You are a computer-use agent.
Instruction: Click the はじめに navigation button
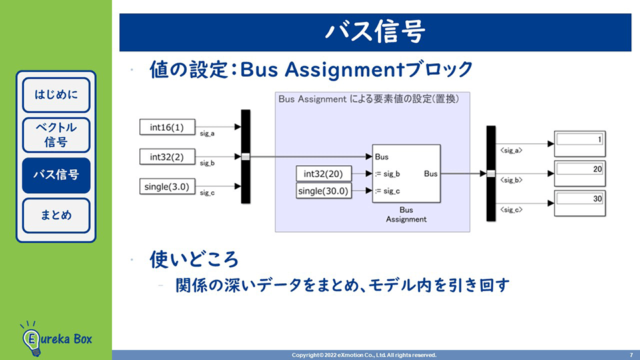(56, 94)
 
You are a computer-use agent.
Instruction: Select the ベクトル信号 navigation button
(56, 135)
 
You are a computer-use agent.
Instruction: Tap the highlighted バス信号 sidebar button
(56, 175)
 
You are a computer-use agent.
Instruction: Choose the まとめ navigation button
(56, 215)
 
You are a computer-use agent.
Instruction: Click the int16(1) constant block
(167, 127)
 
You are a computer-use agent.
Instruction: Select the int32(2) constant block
(167, 157)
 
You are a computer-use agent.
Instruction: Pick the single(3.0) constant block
(167, 187)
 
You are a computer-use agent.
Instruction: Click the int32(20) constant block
(323, 174)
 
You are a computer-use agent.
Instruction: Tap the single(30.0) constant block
(323, 192)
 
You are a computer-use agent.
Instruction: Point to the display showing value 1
(579, 140)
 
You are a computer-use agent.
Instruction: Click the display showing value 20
(579, 170)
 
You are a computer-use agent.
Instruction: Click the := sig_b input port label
(387, 174)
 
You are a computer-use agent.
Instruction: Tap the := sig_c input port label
(387, 192)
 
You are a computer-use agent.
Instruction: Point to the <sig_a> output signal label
(511, 151)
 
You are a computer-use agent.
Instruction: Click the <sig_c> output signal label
(511, 211)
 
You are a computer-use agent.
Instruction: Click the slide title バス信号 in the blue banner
(375, 31)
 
